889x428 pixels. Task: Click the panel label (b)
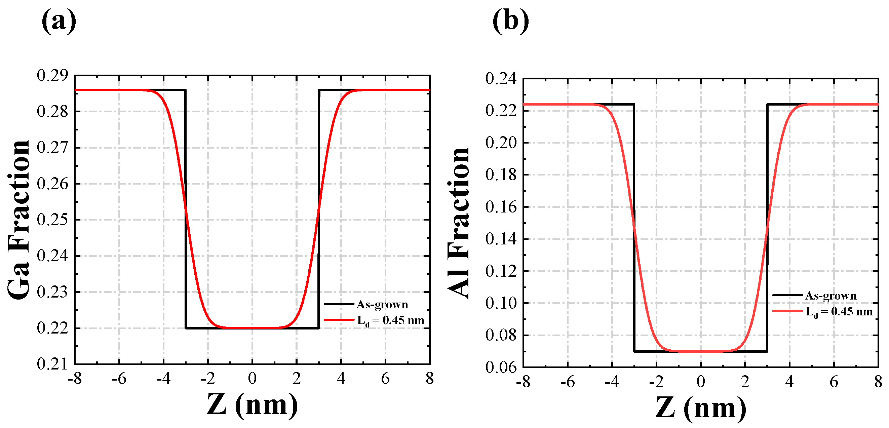510,22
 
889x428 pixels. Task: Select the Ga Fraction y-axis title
19,220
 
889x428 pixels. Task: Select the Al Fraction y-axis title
458,223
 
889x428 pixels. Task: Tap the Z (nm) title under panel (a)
252,405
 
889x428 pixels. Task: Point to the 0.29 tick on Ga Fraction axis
52,76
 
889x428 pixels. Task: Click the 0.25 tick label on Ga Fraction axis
52,220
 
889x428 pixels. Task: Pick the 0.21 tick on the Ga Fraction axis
52,364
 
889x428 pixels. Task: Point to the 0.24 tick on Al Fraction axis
501,79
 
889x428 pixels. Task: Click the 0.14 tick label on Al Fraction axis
501,239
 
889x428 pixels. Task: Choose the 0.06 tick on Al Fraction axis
501,367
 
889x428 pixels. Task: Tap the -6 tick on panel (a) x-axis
119,379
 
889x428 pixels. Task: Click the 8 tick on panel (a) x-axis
430,379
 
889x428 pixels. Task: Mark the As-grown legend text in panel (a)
382,304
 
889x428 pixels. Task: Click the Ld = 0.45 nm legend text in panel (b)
839,312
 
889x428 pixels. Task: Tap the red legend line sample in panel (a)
339,320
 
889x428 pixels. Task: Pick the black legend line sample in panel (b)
787,295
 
